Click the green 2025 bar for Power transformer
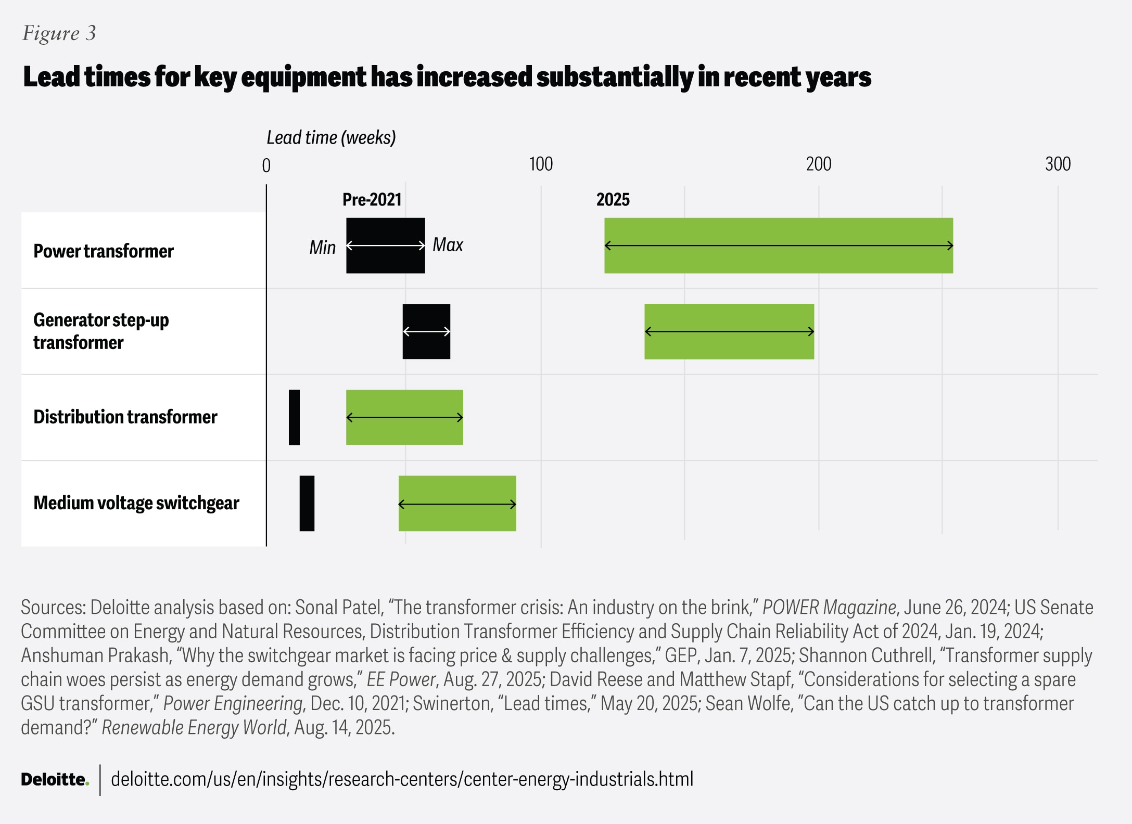779,246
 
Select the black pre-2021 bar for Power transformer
386,246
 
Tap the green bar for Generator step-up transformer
729,331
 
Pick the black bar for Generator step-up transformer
426,331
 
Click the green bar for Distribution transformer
404,417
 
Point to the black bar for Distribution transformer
294,417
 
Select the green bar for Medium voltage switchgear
457,504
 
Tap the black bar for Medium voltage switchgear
307,504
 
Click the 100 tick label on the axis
541,164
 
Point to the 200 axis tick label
819,164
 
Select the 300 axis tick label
1058,164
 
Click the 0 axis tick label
266,165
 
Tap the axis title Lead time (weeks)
331,138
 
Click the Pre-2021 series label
372,200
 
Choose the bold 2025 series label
613,200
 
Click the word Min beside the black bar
323,247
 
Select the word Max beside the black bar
448,244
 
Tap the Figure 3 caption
59,33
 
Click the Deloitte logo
55,779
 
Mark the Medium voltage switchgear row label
136,504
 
